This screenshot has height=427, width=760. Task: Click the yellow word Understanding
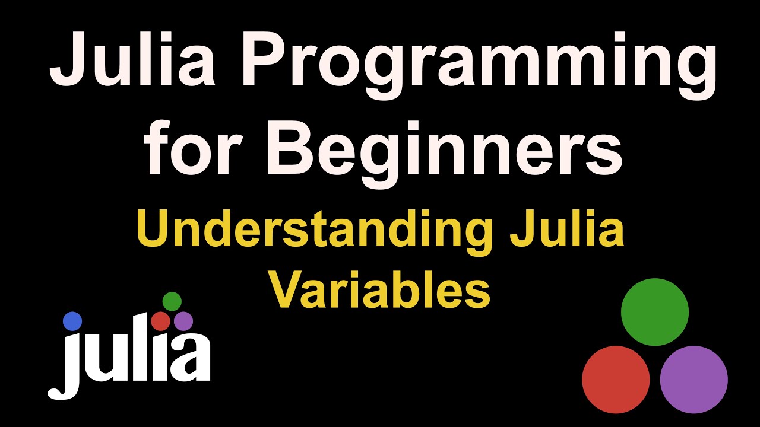pos(315,231)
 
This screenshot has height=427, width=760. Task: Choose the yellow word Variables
pos(381,290)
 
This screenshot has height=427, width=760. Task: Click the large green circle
pos(655,312)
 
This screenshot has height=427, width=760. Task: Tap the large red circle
pos(616,380)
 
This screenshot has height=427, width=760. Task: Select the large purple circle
pos(694,380)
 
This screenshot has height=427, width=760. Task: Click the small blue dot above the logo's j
pos(72,321)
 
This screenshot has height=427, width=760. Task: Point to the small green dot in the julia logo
pos(172,301)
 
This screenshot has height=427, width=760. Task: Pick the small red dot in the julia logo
pos(161,321)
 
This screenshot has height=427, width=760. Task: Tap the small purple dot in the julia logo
pos(183,321)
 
